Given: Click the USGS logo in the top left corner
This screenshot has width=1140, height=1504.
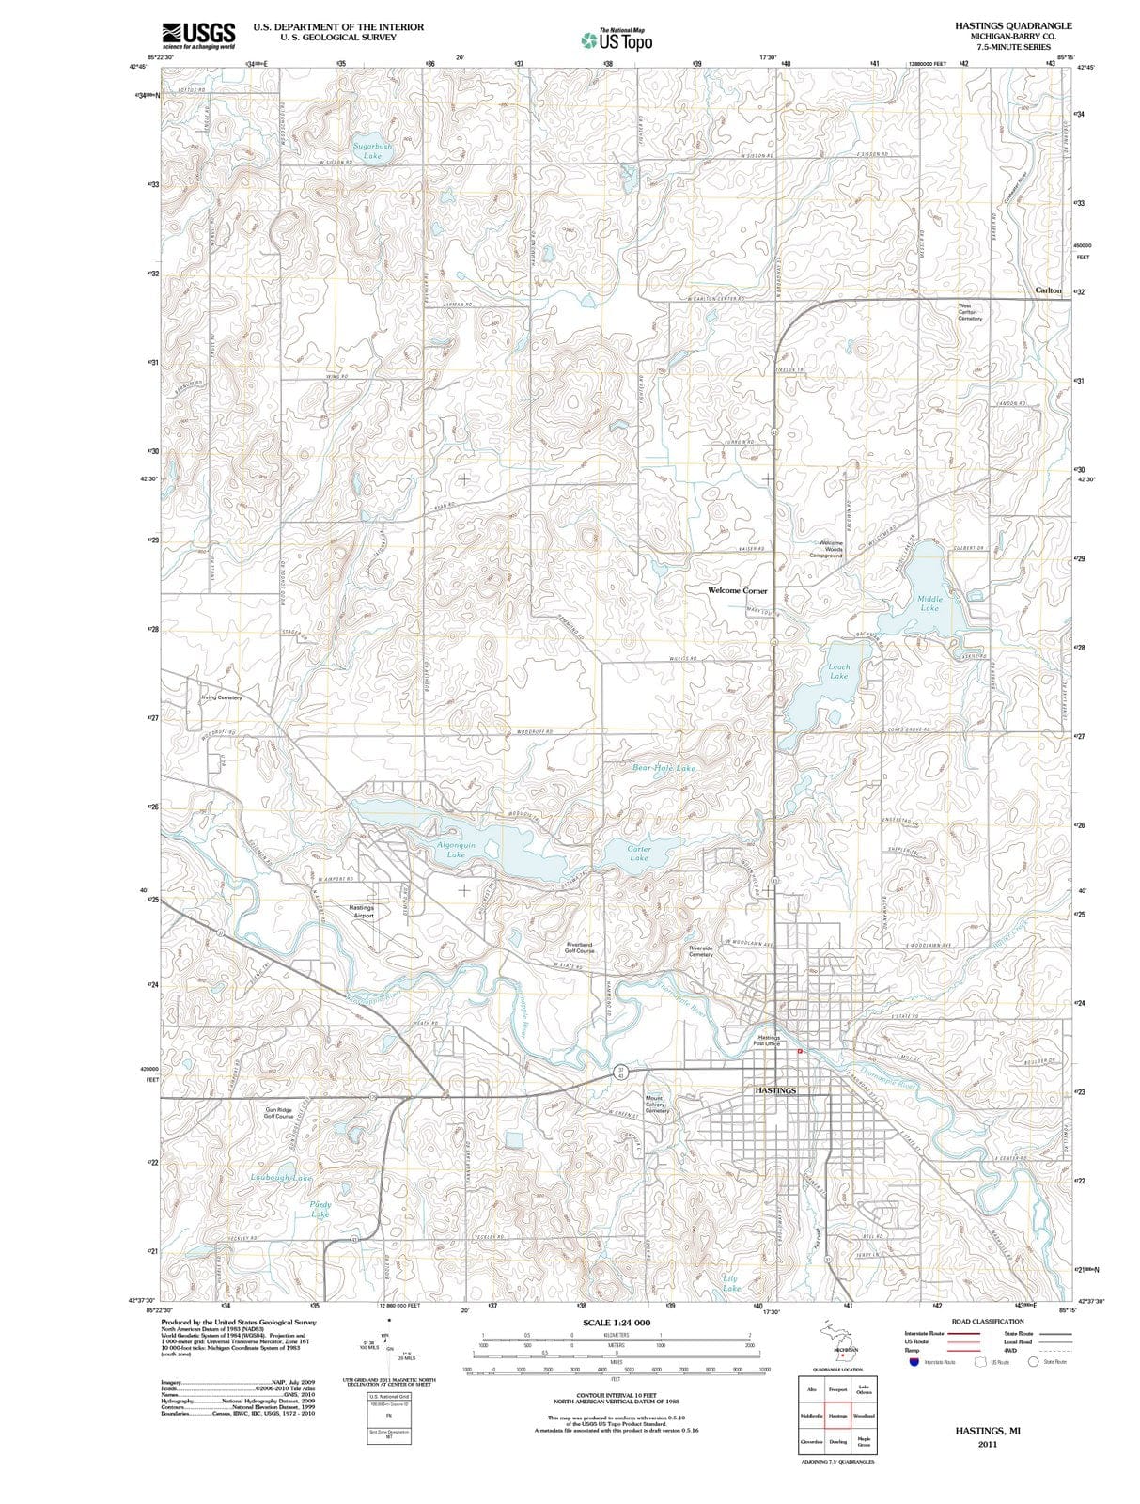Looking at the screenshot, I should pyautogui.click(x=198, y=34).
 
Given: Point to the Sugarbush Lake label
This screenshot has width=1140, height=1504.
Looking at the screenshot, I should pyautogui.click(x=372, y=151).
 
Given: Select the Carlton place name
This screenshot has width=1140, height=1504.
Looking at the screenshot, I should pyautogui.click(x=1048, y=290).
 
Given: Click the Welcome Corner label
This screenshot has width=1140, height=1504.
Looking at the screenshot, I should pyautogui.click(x=737, y=590).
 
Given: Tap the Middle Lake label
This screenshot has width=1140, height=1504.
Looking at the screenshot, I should pyautogui.click(x=929, y=603).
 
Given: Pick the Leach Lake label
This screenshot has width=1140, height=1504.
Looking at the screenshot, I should pyautogui.click(x=838, y=671).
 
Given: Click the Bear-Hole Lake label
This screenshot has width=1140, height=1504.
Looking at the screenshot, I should pyautogui.click(x=664, y=768).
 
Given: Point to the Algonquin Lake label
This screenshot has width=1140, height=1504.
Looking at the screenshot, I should pyautogui.click(x=456, y=850).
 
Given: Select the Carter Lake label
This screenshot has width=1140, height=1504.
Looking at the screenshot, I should pyautogui.click(x=639, y=853).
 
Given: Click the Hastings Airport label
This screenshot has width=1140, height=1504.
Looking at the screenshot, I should pyautogui.click(x=362, y=912).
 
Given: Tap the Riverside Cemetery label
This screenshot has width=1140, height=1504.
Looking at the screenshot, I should pyautogui.click(x=701, y=951).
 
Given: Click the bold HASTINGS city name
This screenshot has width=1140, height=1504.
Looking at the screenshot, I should pyautogui.click(x=775, y=1090).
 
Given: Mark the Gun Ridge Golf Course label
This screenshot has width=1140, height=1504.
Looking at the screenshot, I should pyautogui.click(x=278, y=1113).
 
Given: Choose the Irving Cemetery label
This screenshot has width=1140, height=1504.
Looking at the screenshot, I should pyautogui.click(x=222, y=697).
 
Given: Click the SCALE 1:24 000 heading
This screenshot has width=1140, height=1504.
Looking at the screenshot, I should pyautogui.click(x=616, y=1323).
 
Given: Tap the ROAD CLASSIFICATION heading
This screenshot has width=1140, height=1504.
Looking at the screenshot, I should pyautogui.click(x=987, y=1322).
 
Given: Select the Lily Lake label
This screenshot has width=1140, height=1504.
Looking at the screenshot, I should pyautogui.click(x=730, y=1283).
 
